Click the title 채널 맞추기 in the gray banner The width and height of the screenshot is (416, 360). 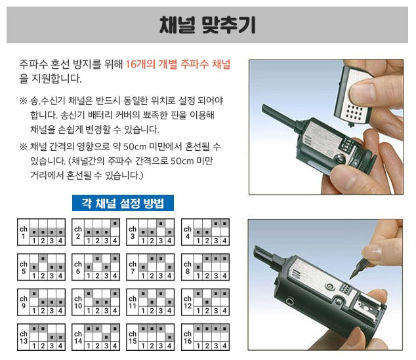point(207,25)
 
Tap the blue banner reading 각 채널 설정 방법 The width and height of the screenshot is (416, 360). point(123,203)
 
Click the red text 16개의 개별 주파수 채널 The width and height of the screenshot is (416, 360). point(178,64)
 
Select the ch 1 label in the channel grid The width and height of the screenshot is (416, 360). point(24,232)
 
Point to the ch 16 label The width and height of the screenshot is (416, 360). point(188,337)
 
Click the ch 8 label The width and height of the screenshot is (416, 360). point(188,268)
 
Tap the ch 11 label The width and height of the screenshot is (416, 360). point(133,302)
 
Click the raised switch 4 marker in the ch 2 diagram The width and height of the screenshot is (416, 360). point(115,224)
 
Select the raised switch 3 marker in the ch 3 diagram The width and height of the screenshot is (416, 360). point(161,224)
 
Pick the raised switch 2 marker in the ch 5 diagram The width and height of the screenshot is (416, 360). point(43,258)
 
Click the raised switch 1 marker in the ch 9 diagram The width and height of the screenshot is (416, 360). point(34,294)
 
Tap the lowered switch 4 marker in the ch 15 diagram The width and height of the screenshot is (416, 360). point(169,337)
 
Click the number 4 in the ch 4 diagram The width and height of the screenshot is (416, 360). point(224,241)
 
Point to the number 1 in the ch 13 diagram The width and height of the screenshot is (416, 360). point(34,346)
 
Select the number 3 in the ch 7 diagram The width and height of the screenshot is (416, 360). point(161,275)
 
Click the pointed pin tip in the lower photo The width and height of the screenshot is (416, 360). point(352,277)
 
